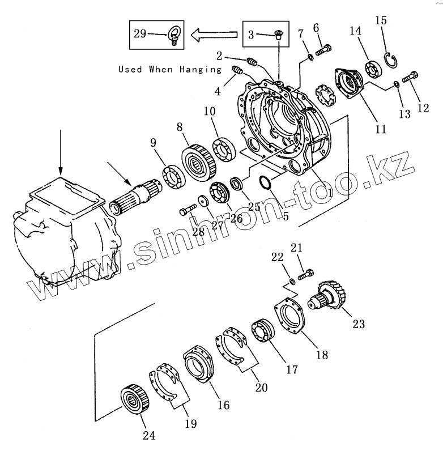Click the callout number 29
coord(140,33)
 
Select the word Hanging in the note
coord(202,70)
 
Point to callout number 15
coord(381,20)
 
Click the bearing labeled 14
coord(372,68)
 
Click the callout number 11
coord(381,129)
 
